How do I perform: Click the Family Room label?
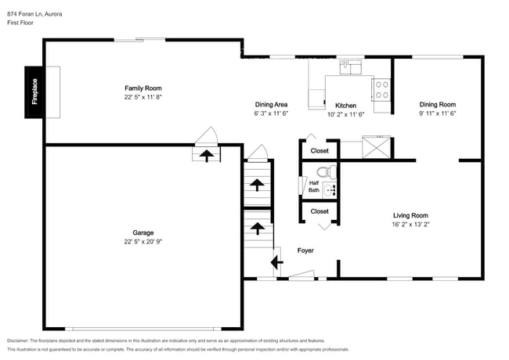[143, 88]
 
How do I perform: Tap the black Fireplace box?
[34, 92]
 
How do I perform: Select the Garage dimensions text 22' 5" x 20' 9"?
[143, 241]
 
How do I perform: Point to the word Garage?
[143, 232]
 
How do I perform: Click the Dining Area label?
[272, 105]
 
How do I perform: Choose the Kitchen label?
[345, 105]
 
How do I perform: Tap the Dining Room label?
[437, 105]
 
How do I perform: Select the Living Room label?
[410, 215]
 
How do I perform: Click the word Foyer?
[305, 250]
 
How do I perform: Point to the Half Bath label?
[312, 186]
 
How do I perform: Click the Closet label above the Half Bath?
[319, 150]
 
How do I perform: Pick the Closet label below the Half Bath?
[319, 211]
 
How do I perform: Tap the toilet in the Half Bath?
[325, 172]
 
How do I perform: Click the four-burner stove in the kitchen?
[382, 90]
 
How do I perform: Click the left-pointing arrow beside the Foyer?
[276, 262]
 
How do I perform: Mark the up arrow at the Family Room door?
[207, 155]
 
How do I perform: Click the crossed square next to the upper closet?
[376, 148]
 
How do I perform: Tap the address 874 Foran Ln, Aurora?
[36, 14]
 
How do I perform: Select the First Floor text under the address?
[22, 23]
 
